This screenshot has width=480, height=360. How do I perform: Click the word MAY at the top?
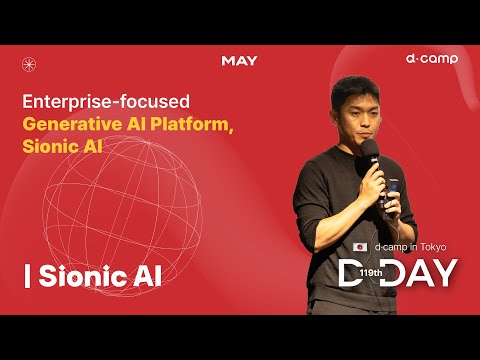coord(239,61)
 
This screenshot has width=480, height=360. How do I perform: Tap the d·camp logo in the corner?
coord(432,59)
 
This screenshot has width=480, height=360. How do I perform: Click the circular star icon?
coord(29,64)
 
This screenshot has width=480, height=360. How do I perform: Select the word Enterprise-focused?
coord(106,101)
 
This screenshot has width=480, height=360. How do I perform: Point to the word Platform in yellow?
coord(189,124)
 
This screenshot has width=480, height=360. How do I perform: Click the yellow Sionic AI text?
coord(62,146)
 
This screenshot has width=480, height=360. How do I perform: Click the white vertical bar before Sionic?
coord(27,276)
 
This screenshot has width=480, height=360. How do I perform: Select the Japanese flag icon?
coord(360,247)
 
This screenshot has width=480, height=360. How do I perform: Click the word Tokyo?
coord(433,247)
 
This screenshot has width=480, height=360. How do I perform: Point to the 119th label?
coord(371,273)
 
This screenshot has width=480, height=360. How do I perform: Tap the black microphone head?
coord(370,148)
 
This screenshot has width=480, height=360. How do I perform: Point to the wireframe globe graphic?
coord(122,216)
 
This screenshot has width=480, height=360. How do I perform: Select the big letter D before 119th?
coord(350,273)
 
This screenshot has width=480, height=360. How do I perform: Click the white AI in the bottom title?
coord(147,276)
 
